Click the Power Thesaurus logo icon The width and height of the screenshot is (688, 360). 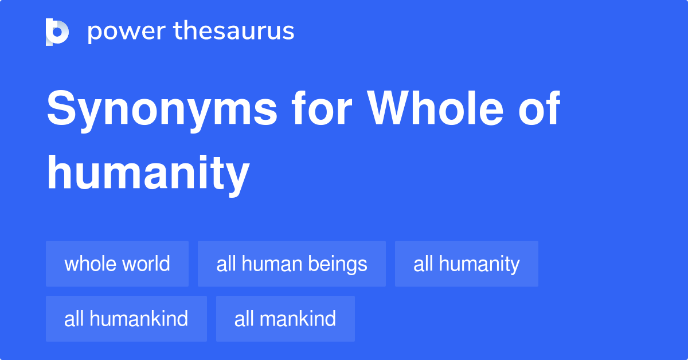[57, 32]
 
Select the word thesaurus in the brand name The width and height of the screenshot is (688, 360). [234, 32]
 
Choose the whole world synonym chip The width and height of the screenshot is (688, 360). [117, 264]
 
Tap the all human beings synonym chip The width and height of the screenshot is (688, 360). [291, 264]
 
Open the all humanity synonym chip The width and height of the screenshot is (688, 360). [466, 264]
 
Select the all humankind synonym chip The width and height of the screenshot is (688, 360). [126, 319]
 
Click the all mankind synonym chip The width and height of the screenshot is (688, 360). [285, 319]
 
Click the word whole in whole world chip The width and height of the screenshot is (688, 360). [88, 264]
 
